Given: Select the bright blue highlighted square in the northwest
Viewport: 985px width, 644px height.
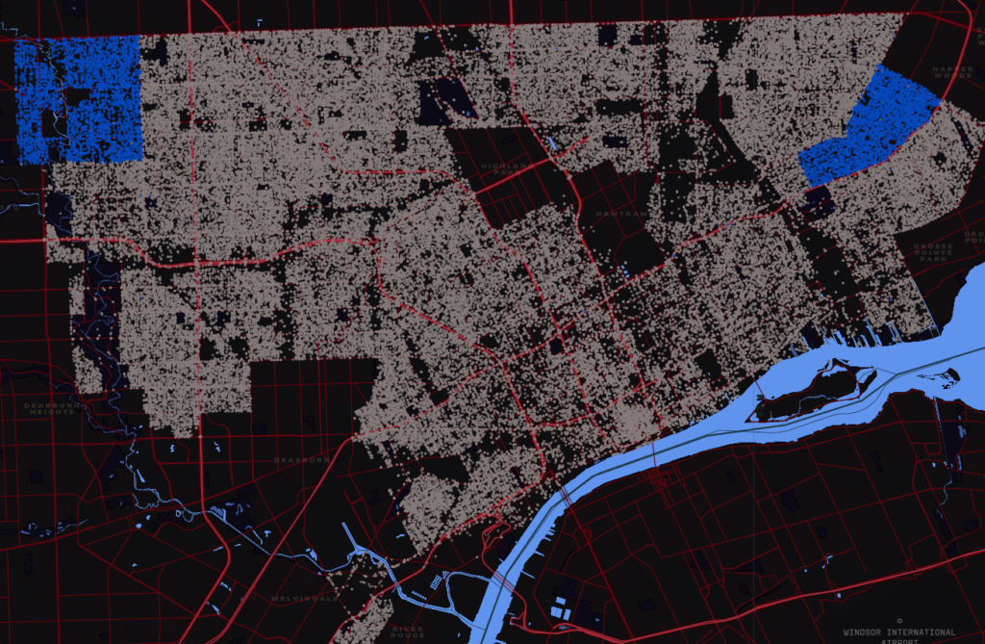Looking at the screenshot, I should pos(79,98).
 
